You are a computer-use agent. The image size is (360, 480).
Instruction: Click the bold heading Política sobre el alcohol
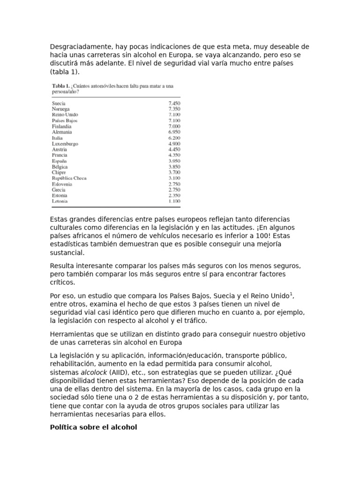[93, 427]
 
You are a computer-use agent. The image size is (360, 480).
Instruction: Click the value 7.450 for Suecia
[174, 103]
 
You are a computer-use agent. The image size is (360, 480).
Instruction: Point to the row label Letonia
[60, 201]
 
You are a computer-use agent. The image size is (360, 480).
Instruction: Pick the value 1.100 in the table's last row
[174, 201]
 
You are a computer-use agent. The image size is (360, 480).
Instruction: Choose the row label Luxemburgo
[65, 143]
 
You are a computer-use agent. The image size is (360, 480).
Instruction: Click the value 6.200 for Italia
[174, 138]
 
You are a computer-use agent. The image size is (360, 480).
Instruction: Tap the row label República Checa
[69, 178]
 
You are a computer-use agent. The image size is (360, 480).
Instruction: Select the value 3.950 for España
[174, 161]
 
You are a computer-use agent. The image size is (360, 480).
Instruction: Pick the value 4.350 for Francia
[174, 155]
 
